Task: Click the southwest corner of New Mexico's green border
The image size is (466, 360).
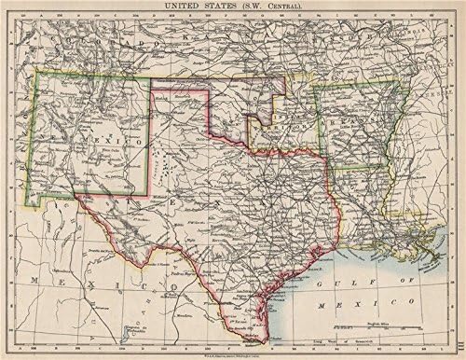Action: click(30, 207)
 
